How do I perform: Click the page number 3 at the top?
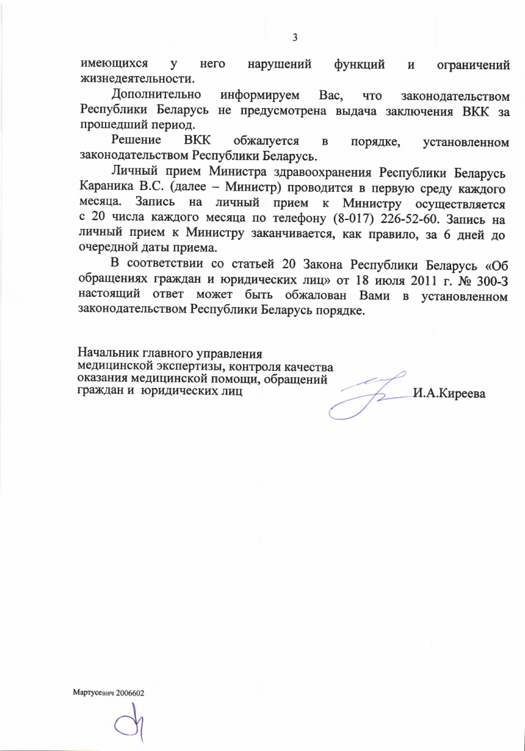295,38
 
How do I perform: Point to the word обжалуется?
267,141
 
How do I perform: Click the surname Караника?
104,188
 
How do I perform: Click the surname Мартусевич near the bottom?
93,693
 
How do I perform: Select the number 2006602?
130,693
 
